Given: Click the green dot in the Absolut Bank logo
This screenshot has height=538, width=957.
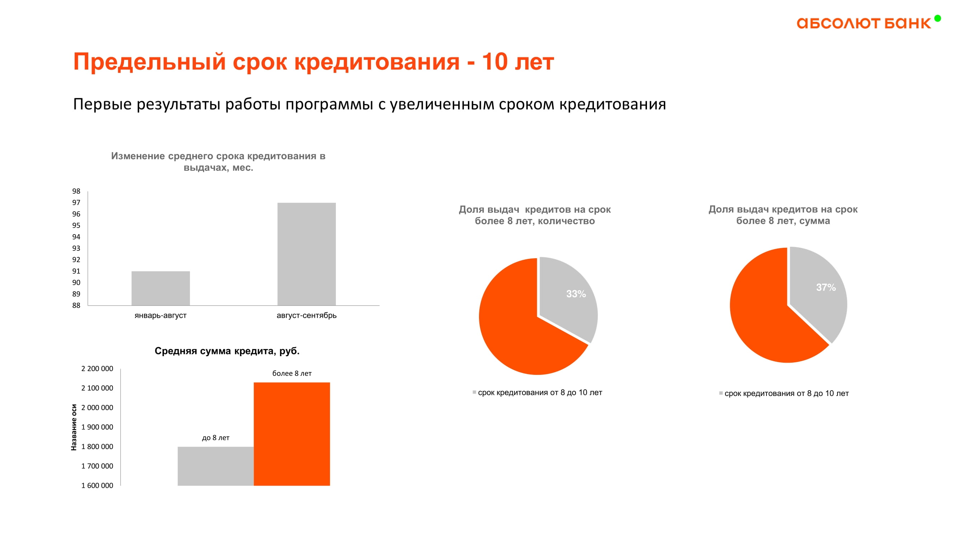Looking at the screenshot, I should tap(937, 18).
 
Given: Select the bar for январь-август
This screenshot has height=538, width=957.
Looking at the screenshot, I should tap(160, 288).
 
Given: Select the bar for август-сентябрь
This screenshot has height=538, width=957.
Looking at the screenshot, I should tap(306, 254).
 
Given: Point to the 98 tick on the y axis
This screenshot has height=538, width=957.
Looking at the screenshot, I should tap(76, 191).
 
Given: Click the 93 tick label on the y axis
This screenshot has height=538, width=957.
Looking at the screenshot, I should tap(76, 249).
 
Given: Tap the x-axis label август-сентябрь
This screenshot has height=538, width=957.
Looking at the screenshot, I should tap(306, 316).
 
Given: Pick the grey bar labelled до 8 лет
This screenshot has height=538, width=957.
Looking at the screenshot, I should tap(215, 466).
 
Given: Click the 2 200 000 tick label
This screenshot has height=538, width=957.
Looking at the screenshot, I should tap(97, 369).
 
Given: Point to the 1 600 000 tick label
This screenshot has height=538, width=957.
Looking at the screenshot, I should tap(97, 486).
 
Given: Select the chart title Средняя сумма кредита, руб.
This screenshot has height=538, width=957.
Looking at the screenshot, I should tap(227, 351).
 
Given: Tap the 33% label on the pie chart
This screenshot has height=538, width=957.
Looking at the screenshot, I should tap(576, 294).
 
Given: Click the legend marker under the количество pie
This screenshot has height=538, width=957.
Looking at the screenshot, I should tap(474, 392).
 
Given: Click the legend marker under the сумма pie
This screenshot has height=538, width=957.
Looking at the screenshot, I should tap(721, 393).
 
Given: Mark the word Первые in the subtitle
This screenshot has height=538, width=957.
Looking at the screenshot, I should tap(102, 104).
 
